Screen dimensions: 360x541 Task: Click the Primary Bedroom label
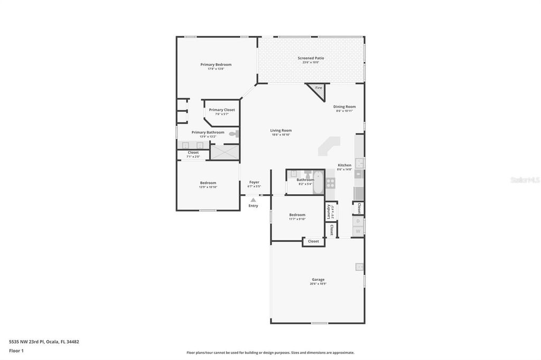point(216,64)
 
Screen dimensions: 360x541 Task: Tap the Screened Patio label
point(311,58)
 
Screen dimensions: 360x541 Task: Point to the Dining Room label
point(344,107)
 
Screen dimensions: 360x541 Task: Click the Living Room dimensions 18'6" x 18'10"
point(281,135)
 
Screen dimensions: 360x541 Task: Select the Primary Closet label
point(222,110)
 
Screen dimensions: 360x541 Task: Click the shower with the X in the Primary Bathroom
point(225,153)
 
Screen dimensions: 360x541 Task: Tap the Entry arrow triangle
point(254,200)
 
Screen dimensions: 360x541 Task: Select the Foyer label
point(254,182)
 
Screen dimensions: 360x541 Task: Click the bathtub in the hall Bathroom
point(318,183)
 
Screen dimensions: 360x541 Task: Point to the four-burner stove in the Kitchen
point(330,183)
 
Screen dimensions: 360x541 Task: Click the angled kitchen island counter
point(329,146)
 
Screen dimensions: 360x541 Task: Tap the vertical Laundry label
point(329,212)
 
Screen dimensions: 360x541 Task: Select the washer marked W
point(358,231)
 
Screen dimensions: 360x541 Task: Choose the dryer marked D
point(358,221)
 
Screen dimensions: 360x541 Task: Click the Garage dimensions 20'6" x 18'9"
point(318,284)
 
